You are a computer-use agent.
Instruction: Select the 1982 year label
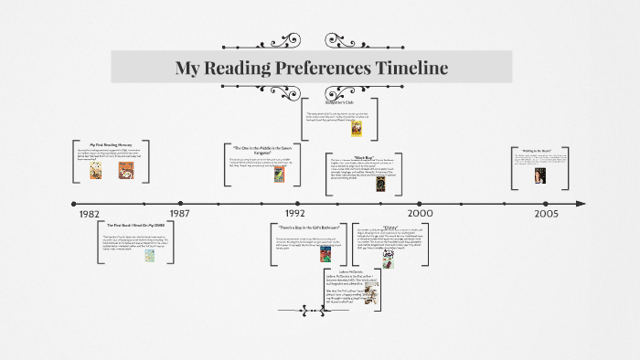coord(89,214)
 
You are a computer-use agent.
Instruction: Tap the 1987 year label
coord(179,213)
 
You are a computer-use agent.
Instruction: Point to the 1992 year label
coord(293,213)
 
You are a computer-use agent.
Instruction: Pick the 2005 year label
coord(547,213)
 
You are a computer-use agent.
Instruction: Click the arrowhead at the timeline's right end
coord(581,202)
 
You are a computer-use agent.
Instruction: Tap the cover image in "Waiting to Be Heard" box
coord(539,175)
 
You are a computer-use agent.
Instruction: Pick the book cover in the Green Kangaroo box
coord(277,175)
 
